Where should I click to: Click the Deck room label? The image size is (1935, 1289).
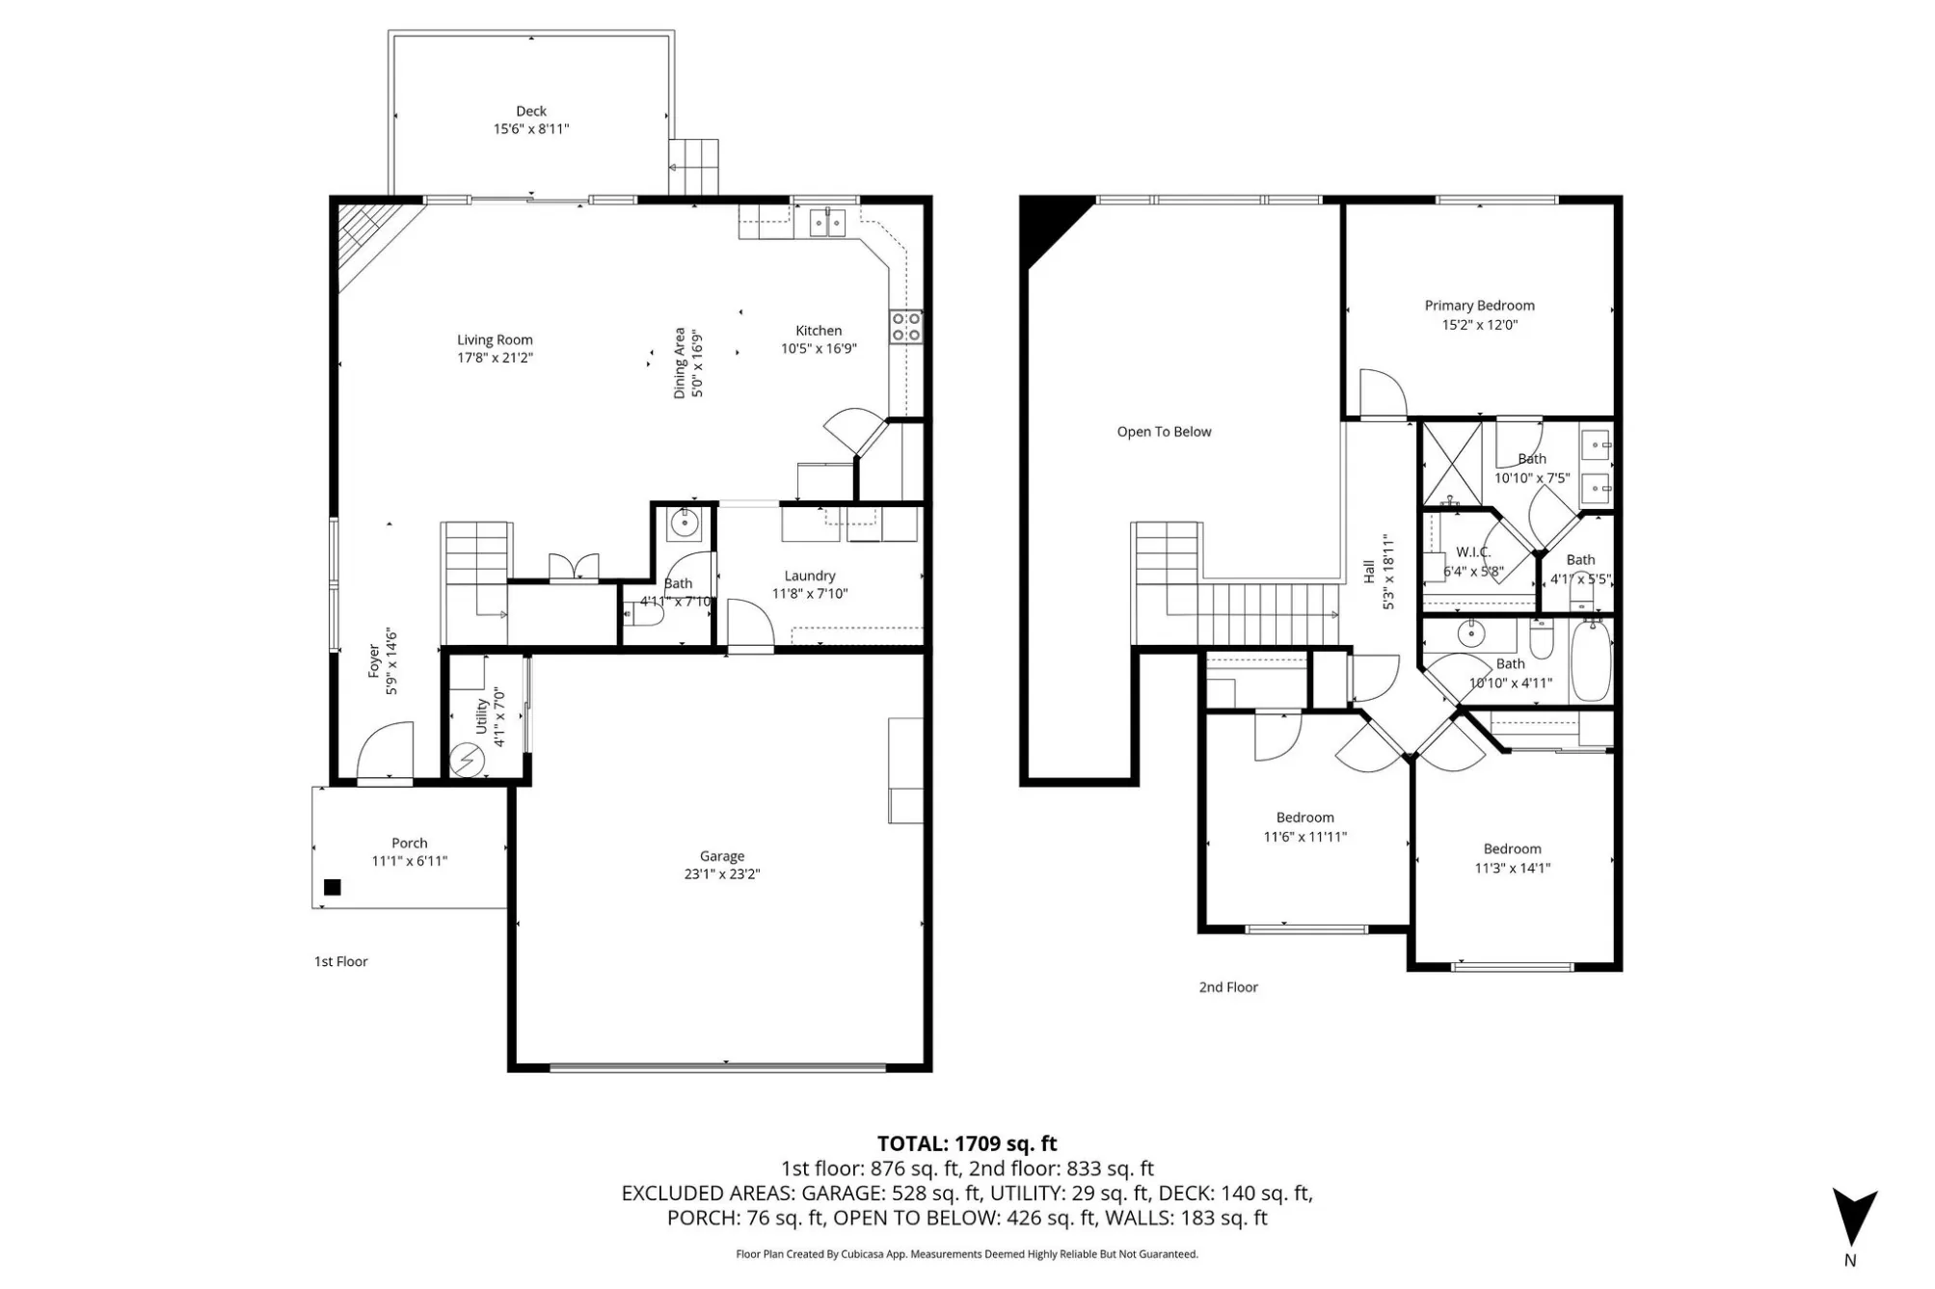coord(531,111)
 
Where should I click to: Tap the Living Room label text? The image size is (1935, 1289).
coord(495,339)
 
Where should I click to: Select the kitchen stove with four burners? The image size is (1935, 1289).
coord(906,326)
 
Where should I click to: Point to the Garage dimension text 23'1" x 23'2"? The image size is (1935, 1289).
coord(722,874)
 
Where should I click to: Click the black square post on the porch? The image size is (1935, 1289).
coord(333,888)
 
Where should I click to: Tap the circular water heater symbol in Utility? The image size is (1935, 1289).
coord(468,760)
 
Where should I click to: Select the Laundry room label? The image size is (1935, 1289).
coord(810,576)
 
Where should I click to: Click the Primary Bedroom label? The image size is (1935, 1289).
coord(1480,306)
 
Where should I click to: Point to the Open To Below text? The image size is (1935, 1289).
coord(1165,432)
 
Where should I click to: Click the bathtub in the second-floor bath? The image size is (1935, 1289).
coord(1591,660)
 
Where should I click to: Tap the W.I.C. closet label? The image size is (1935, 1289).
coord(1473,552)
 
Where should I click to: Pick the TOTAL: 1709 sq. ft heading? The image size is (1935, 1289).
coord(967,1143)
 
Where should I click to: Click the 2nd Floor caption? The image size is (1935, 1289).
coord(1228,987)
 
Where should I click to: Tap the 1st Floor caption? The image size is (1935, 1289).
coord(341,961)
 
